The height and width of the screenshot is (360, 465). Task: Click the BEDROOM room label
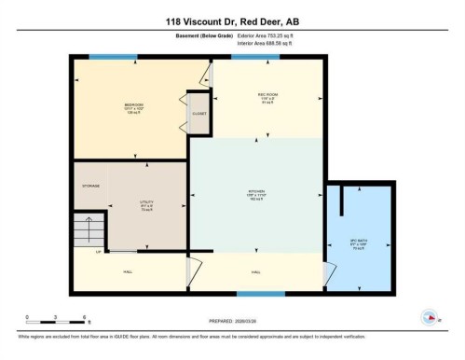(x=133, y=105)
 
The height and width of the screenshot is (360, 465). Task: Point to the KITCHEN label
(x=256, y=194)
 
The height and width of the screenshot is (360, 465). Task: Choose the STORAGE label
(x=89, y=186)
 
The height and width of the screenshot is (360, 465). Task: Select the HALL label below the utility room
(x=128, y=271)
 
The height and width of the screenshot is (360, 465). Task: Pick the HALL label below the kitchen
(x=255, y=271)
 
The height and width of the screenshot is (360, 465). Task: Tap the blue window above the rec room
(x=249, y=57)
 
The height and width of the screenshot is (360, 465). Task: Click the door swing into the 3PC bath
(x=326, y=272)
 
